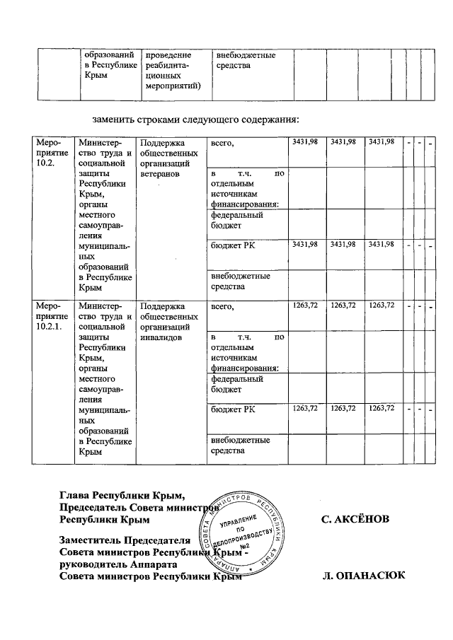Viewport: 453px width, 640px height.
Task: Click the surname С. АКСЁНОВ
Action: click(x=355, y=520)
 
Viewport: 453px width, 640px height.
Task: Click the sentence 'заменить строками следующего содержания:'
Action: click(x=195, y=117)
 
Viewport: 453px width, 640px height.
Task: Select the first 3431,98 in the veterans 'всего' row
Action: click(x=305, y=142)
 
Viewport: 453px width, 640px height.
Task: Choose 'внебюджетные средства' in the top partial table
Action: click(x=246, y=60)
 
